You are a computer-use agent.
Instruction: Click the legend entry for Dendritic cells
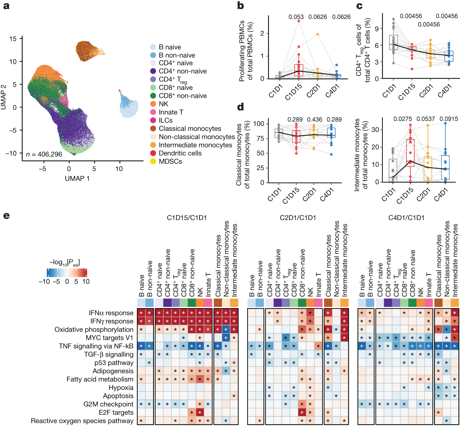(x=180, y=153)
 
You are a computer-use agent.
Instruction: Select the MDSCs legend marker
(x=153, y=161)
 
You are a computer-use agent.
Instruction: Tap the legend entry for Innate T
(x=171, y=112)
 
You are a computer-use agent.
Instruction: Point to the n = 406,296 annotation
(x=44, y=154)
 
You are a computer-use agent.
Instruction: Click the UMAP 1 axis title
(x=77, y=179)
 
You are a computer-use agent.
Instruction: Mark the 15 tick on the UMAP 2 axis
(x=13, y=39)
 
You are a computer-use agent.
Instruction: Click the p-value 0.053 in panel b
(x=296, y=17)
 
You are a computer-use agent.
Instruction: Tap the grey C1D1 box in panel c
(x=393, y=42)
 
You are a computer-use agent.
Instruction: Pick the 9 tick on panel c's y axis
(x=377, y=29)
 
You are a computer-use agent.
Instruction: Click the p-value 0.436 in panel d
(x=314, y=120)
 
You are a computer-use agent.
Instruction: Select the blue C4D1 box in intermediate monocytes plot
(x=445, y=168)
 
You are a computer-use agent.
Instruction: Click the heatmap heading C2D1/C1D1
(x=298, y=218)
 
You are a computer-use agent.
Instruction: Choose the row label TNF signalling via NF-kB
(x=96, y=346)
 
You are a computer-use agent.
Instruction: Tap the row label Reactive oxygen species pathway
(x=82, y=421)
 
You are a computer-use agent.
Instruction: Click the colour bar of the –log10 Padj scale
(x=67, y=272)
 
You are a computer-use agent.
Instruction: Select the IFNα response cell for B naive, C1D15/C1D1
(x=141, y=313)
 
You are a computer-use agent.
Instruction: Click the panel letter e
(x=6, y=216)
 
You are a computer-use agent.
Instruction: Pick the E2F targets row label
(x=116, y=412)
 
